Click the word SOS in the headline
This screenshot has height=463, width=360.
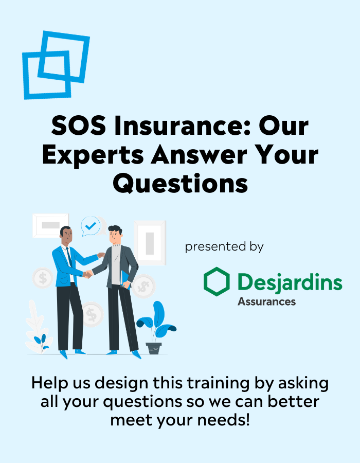[x=79, y=126]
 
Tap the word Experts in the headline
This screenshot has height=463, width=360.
[x=93, y=155]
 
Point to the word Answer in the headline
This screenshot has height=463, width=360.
[x=199, y=154]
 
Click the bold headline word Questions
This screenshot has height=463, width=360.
[x=180, y=184]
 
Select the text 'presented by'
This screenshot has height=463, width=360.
[x=224, y=246]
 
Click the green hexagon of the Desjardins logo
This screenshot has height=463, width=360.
[x=217, y=281]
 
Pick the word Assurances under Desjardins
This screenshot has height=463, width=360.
[x=267, y=301]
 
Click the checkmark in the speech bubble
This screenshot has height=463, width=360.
[x=91, y=226]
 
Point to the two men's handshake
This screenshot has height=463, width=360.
[x=87, y=274]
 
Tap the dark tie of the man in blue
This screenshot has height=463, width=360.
[x=69, y=257]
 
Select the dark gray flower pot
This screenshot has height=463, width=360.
[x=154, y=348]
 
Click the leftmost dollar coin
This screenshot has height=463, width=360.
[x=43, y=278]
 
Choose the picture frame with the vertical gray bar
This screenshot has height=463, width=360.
[x=150, y=243]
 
